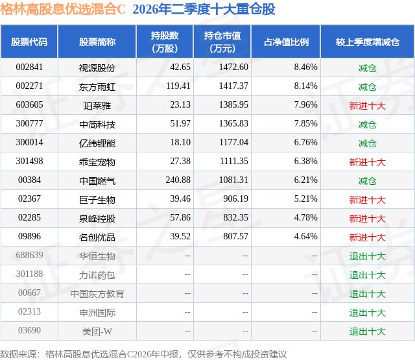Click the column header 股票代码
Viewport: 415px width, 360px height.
(29, 42)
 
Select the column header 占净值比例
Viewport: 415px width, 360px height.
(286, 42)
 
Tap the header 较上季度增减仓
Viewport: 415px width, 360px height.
(368, 42)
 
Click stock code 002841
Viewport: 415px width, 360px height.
(29, 67)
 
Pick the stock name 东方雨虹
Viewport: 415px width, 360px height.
(97, 87)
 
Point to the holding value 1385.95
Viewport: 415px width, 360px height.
(233, 105)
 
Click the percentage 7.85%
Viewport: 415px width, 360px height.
(305, 124)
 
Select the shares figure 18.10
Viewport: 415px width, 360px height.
(180, 143)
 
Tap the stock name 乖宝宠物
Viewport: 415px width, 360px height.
(97, 162)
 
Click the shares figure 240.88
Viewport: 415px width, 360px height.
(178, 180)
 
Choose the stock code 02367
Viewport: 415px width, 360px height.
(29, 198)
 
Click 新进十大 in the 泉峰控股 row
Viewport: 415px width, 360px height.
(368, 219)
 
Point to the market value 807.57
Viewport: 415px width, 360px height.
(235, 236)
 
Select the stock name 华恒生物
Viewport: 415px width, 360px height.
(97, 256)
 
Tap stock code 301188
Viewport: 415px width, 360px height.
(29, 274)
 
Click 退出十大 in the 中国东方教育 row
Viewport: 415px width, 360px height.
(368, 294)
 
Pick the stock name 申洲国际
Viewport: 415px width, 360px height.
(97, 313)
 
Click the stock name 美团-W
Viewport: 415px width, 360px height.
(97, 331)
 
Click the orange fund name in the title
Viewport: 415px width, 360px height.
(63, 9)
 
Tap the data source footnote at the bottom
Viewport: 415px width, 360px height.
(143, 354)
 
